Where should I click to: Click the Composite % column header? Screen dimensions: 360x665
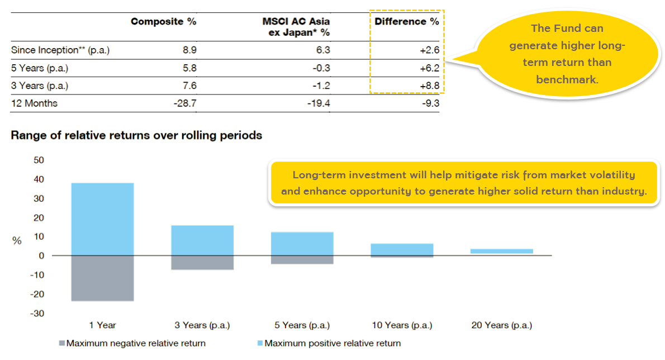tap(163, 22)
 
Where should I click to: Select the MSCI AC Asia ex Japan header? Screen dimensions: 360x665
tap(296, 26)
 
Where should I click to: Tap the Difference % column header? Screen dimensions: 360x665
tap(406, 22)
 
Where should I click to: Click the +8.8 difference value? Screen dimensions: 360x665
tap(428, 86)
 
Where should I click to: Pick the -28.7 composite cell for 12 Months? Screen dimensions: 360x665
tap(184, 103)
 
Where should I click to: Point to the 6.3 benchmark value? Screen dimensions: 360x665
tap(323, 50)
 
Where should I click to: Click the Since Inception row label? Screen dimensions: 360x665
tap(60, 50)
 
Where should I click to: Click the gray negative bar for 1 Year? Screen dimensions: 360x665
tap(102, 278)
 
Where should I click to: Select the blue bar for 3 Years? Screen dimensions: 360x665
tap(202, 240)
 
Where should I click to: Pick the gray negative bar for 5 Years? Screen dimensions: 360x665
tap(302, 260)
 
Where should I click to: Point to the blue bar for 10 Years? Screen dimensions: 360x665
tap(402, 249)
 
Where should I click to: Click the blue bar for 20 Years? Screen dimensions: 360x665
tap(502, 251)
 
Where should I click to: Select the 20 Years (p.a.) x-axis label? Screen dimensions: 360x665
tap(501, 325)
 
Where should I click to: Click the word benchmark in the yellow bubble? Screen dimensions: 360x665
tap(567, 79)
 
